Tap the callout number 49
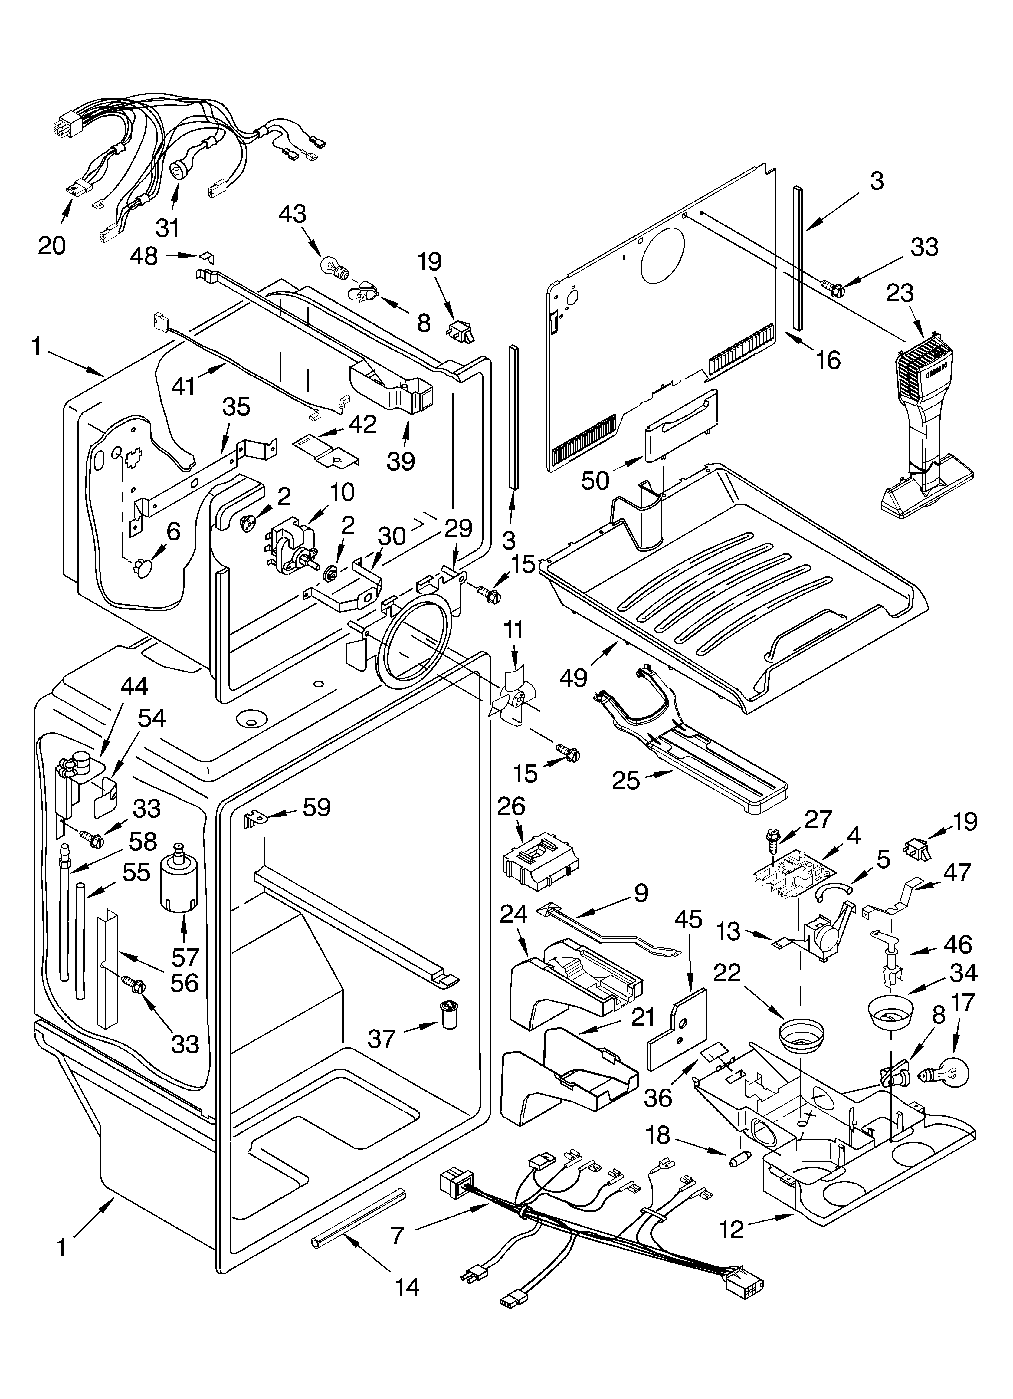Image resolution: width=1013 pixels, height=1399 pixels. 573,677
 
